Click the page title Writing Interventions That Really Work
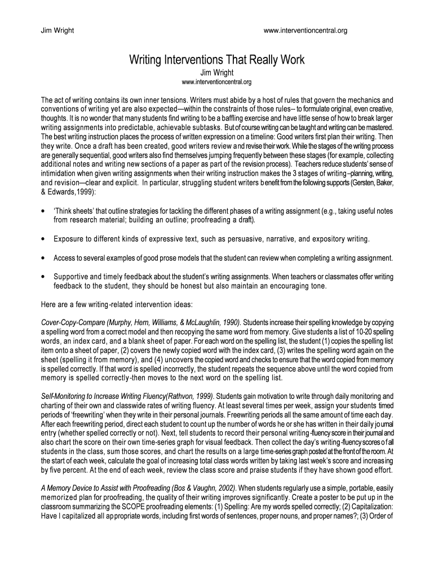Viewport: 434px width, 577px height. click(216, 60)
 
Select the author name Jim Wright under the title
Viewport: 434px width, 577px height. click(216, 73)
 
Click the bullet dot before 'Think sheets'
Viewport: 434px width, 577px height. click(45, 211)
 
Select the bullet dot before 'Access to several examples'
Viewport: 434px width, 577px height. click(45, 258)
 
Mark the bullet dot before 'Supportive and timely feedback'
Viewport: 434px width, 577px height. click(45, 277)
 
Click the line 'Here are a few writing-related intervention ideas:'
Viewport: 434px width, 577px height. click(117, 304)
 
